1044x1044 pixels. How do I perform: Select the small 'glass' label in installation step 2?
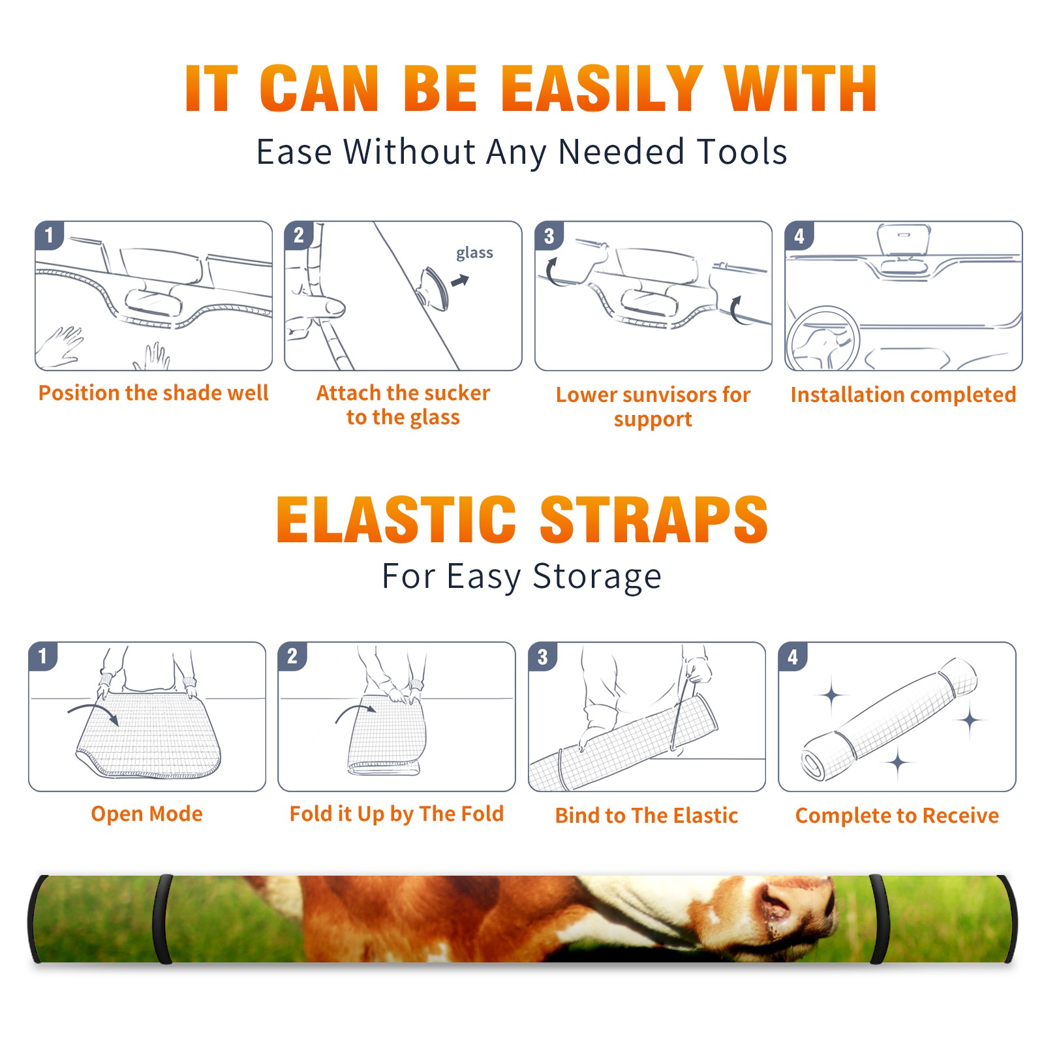pyautogui.click(x=474, y=253)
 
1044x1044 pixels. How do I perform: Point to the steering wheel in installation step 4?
pyautogui.click(x=823, y=339)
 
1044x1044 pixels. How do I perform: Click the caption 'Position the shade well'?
pyautogui.click(x=153, y=393)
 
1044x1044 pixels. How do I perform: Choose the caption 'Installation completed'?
pyautogui.click(x=903, y=394)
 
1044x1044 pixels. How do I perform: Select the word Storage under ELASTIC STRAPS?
pyautogui.click(x=597, y=577)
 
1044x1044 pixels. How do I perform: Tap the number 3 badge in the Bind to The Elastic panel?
pyautogui.click(x=543, y=656)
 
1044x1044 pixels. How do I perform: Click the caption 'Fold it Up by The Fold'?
pyautogui.click(x=397, y=814)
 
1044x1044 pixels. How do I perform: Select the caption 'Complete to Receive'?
pyautogui.click(x=897, y=816)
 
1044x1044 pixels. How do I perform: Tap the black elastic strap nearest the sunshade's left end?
pyautogui.click(x=164, y=919)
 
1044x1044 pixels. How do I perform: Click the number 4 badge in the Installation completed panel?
pyautogui.click(x=799, y=236)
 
